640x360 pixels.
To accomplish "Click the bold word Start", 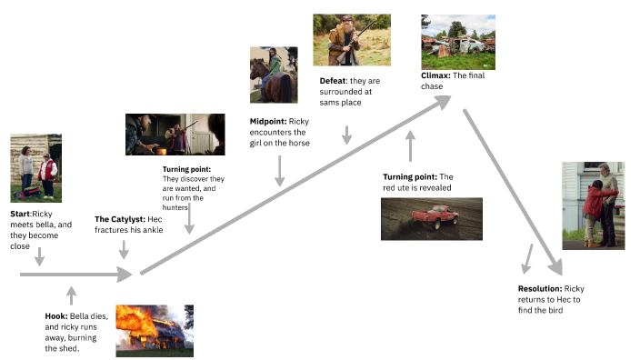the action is tap(20, 212).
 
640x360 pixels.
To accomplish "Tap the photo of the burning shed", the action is tap(155, 330).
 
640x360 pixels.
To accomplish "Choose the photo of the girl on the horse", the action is tap(274, 75).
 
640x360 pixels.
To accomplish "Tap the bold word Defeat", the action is tap(333, 81).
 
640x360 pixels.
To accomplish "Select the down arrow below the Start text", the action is tap(38, 259).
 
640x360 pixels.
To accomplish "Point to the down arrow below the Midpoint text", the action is tap(279, 170).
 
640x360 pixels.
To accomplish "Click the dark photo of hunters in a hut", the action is tap(175, 135).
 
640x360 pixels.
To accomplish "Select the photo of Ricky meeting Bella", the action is tap(35, 168).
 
